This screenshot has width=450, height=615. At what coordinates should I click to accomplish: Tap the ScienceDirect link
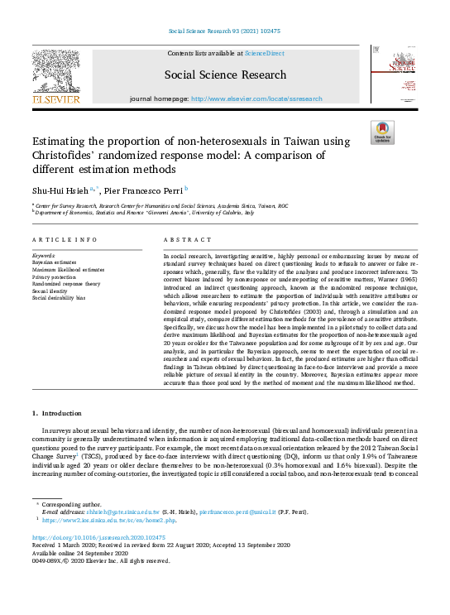point(264,52)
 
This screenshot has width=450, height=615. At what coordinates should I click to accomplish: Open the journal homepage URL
point(256,98)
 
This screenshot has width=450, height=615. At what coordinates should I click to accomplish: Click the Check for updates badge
point(382,132)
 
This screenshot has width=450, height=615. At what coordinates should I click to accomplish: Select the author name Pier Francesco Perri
point(141,189)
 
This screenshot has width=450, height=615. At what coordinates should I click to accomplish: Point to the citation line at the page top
point(224,33)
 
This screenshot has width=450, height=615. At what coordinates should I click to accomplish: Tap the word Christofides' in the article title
point(68,156)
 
